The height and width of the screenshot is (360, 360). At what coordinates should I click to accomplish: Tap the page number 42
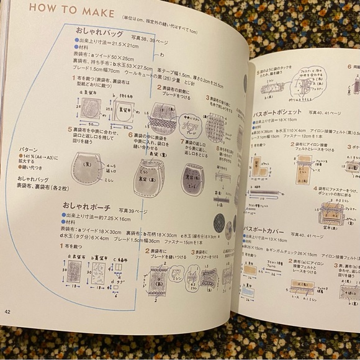(7, 311)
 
